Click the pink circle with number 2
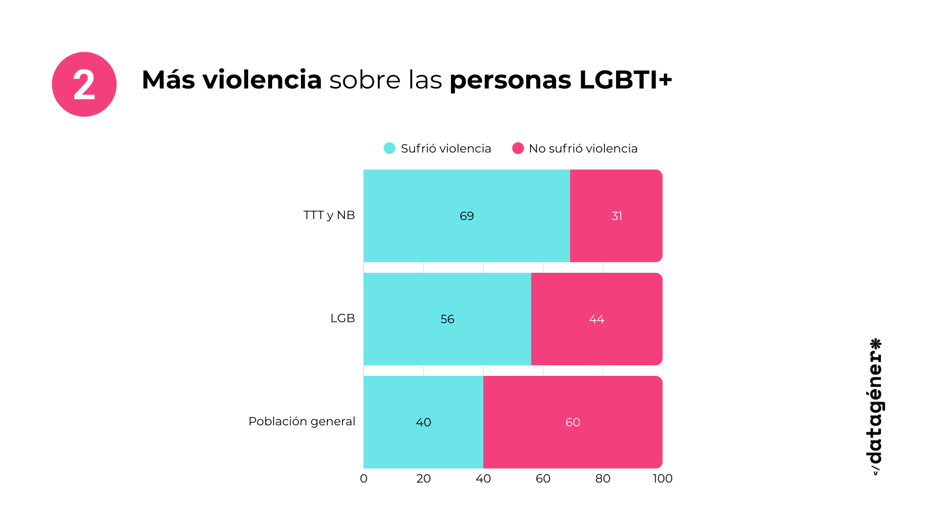point(84,85)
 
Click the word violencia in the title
point(262,80)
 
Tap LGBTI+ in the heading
point(625,80)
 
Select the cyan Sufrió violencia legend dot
point(389,148)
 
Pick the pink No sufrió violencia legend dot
point(518,148)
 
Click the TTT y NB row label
point(329,215)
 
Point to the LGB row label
point(342,318)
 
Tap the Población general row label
point(301,421)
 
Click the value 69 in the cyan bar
point(467,216)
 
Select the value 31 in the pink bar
point(617,216)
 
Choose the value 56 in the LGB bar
point(447,319)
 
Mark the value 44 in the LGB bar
point(597,319)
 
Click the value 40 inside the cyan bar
point(423,422)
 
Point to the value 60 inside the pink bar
point(573,422)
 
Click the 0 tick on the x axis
point(363,479)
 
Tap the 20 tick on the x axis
point(424,479)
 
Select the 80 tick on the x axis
point(603,479)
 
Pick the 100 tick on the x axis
point(662,479)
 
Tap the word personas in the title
point(510,80)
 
